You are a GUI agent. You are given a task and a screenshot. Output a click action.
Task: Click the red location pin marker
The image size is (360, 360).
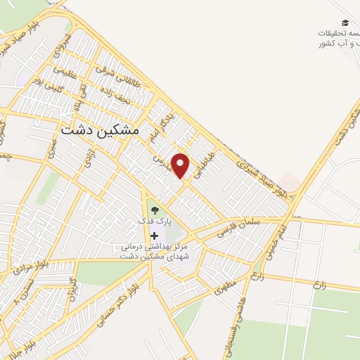pos(181,165)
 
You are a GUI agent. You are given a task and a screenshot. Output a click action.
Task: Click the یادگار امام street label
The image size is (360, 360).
pos(160,131)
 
